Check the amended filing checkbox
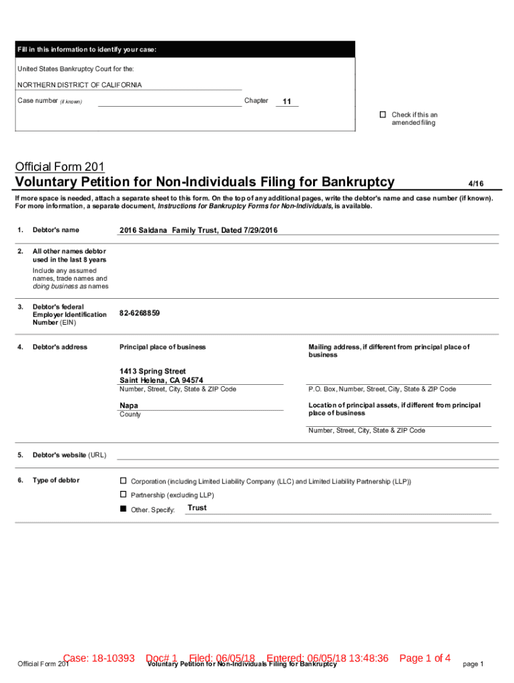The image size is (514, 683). (383, 115)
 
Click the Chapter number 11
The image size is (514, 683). (287, 101)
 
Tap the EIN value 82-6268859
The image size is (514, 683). (140, 313)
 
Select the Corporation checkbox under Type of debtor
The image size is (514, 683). (123, 481)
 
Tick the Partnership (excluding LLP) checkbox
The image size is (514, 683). (123, 494)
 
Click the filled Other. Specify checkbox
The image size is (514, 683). (123, 509)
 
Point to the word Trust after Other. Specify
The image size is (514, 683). (197, 508)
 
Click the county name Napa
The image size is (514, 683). (129, 406)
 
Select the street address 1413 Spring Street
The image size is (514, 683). (153, 371)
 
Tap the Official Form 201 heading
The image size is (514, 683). (59, 167)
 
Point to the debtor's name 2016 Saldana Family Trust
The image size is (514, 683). (198, 230)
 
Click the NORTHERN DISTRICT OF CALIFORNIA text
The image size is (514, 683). (79, 85)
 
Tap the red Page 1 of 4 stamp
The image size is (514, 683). (425, 658)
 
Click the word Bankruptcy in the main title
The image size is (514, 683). (358, 182)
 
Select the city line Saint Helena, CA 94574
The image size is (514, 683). (162, 380)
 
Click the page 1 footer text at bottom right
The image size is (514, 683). (473, 664)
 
